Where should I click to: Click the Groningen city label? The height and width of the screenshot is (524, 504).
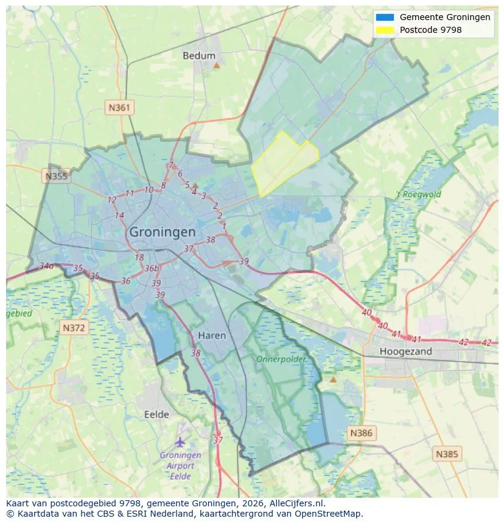tap(163, 232)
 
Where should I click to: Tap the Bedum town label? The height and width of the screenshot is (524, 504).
tap(199, 55)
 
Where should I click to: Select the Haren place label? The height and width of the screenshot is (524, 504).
tap(212, 335)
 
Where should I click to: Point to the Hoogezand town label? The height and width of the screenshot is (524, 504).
tap(405, 351)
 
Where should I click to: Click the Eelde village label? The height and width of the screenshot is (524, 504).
tap(156, 414)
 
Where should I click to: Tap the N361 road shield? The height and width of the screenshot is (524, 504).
tap(119, 108)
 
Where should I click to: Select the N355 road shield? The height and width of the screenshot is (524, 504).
tap(57, 176)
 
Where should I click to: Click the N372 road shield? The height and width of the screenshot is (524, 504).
tap(75, 328)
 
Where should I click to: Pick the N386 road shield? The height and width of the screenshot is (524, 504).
tap(361, 433)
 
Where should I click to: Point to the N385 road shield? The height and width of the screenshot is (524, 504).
tap(447, 453)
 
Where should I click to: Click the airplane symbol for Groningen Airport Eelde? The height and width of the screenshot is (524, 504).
tap(180, 441)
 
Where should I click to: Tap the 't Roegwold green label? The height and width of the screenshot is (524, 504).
tap(419, 195)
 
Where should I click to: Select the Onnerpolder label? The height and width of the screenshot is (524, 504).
tap(281, 359)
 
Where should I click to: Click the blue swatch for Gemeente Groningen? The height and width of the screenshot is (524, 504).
tap(385, 17)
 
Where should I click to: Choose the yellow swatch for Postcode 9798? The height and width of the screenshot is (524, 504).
tap(385, 29)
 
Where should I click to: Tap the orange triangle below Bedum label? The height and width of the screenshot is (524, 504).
tap(216, 65)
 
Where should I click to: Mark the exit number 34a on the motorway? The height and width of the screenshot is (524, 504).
tap(46, 266)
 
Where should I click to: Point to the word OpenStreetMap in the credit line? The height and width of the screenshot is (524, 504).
tap(331, 514)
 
